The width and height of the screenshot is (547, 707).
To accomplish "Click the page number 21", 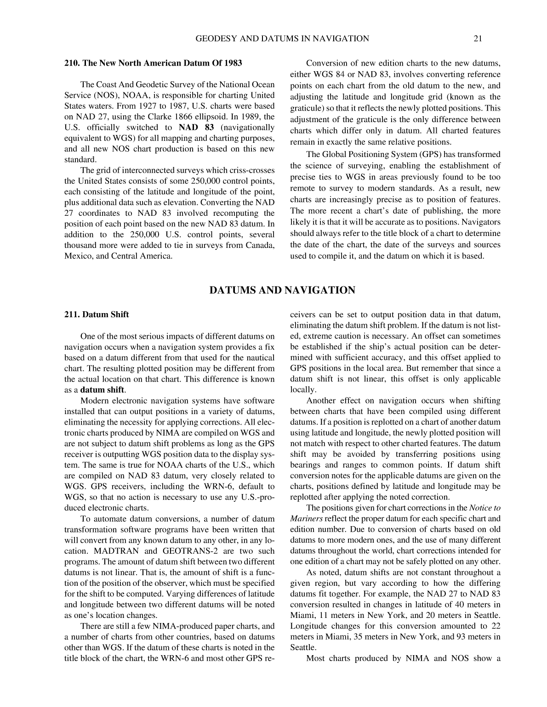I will pos(477,39).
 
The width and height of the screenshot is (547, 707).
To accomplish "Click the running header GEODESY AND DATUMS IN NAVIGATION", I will pos(282,39).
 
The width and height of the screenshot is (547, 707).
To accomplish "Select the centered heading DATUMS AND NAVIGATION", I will pos(282,291).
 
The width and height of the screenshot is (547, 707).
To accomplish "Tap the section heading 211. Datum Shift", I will pos(97,314).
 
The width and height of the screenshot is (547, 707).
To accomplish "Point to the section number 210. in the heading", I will pos(72,63).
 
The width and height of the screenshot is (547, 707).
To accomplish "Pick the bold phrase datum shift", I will pos(102,390).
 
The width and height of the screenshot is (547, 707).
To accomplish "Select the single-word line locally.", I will pos(303,390).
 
